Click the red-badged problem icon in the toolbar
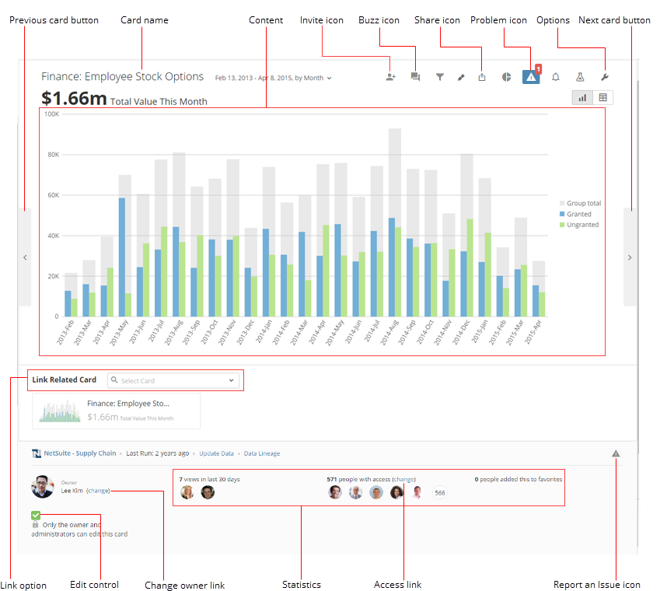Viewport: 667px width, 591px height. (531, 76)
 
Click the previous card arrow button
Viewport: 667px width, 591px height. (24, 257)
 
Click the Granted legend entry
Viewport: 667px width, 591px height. (578, 214)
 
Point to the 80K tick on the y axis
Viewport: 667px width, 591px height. (53, 155)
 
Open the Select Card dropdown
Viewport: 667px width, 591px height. (173, 380)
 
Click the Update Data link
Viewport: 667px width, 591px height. (216, 453)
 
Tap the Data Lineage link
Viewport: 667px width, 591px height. (262, 453)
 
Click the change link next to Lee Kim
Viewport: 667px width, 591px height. (98, 491)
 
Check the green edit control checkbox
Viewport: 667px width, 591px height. (36, 515)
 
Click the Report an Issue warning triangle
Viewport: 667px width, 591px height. (616, 453)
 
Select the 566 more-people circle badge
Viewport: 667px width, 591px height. (440, 492)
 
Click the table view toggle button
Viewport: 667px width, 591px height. (602, 97)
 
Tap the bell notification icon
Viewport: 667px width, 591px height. (556, 77)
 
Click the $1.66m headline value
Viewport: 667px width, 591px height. (75, 99)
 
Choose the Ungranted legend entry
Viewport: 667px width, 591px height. (582, 225)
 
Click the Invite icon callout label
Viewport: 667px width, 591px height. (322, 20)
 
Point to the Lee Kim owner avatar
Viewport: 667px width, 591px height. (43, 487)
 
